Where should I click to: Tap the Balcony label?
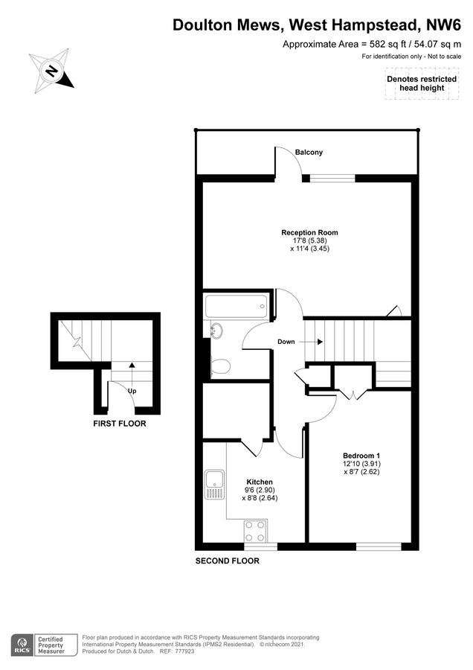pyautogui.click(x=309, y=153)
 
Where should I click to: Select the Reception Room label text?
pyautogui.click(x=304, y=232)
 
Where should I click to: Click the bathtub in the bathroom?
pyautogui.click(x=235, y=304)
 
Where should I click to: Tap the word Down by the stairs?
pyautogui.click(x=286, y=342)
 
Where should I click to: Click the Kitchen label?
pyautogui.click(x=259, y=482)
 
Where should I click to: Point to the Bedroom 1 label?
pyautogui.click(x=361, y=455)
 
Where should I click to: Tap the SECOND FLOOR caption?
pyautogui.click(x=227, y=561)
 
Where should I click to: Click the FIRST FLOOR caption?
pyautogui.click(x=119, y=424)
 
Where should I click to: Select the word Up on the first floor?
pyautogui.click(x=131, y=390)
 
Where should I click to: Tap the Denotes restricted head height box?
pyautogui.click(x=416, y=83)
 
